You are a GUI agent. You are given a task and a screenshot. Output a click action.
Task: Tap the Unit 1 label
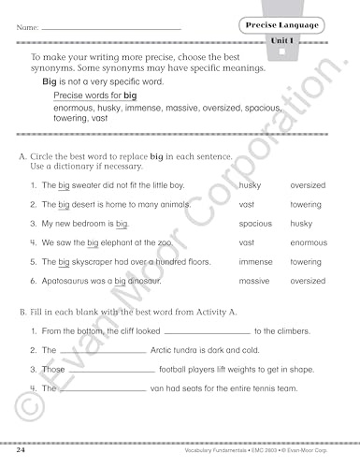click(x=284, y=40)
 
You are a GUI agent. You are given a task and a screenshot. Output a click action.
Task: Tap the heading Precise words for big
click(x=94, y=95)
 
